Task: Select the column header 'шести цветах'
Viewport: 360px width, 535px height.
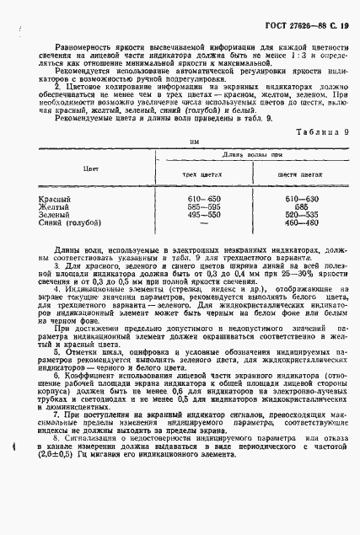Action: (x=299, y=174)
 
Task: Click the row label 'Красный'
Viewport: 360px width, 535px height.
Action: (x=55, y=199)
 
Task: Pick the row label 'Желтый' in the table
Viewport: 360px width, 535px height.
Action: (x=54, y=207)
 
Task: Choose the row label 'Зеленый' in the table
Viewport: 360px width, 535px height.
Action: (x=56, y=216)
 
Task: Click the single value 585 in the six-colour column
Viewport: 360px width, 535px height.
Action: (x=299, y=207)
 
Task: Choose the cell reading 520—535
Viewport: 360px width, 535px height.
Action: (x=299, y=216)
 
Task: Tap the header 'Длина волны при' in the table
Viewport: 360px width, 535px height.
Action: (x=251, y=156)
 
